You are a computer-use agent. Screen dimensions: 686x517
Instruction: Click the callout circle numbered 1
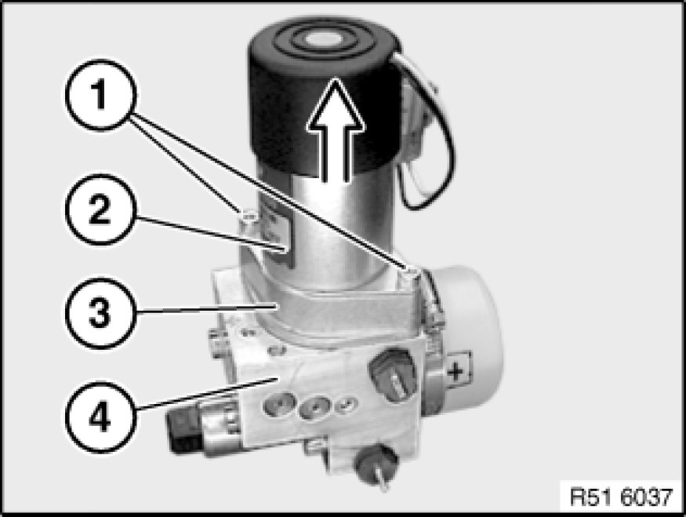point(101,95)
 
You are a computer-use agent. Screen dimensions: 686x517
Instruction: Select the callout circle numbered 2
point(101,209)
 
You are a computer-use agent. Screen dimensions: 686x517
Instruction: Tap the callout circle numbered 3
point(101,313)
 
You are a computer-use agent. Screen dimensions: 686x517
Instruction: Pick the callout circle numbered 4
point(101,417)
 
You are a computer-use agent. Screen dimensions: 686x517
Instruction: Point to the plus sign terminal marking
point(456,372)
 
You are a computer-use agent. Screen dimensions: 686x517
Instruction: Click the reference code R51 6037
point(621,497)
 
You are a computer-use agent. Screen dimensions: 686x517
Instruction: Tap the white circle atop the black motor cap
point(323,40)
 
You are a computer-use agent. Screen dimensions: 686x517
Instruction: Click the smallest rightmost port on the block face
point(347,405)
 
